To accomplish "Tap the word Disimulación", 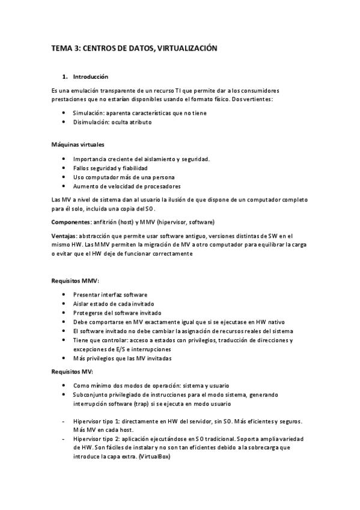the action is (x=92, y=122).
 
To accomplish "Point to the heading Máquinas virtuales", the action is (x=78, y=145).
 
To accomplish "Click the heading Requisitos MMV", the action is (x=75, y=281).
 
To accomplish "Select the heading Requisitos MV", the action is (x=73, y=372).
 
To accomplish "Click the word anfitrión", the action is (x=109, y=222).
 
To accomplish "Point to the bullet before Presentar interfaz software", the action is (x=64, y=295).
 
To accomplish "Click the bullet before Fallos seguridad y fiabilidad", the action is (x=64, y=168).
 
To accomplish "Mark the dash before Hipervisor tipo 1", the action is (x=64, y=422).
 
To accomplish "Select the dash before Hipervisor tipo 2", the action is (x=64, y=439).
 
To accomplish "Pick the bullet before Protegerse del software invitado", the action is (x=64, y=313).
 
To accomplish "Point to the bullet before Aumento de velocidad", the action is (x=64, y=186).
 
